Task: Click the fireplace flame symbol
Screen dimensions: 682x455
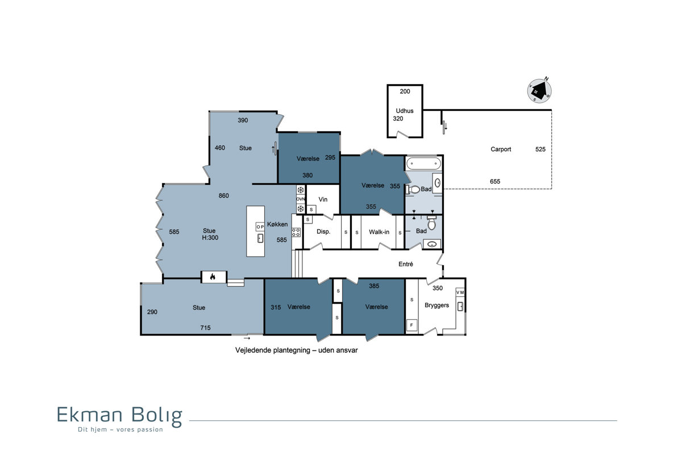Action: (213, 277)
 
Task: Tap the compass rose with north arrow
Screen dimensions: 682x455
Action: (539, 90)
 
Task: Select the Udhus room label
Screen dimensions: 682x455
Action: (404, 111)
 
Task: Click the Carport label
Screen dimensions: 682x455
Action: (501, 150)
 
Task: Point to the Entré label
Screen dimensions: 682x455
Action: (406, 264)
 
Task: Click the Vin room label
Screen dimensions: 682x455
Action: (323, 200)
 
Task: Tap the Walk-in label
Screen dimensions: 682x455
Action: (379, 232)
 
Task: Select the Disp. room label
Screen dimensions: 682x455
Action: (323, 231)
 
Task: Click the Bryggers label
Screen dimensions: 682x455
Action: (436, 305)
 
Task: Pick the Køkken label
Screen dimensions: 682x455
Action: (277, 224)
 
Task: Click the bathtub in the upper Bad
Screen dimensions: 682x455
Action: (423, 164)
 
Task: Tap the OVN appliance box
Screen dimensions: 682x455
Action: (301, 199)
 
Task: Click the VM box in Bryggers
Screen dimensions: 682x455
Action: (460, 292)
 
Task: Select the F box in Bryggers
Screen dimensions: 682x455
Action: (411, 325)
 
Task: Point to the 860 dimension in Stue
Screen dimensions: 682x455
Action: (223, 196)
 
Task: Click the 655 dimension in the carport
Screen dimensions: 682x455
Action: (495, 181)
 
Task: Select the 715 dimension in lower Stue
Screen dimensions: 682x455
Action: (205, 328)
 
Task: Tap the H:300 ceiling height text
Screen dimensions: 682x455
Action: (210, 238)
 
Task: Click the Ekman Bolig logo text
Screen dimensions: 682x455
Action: (120, 416)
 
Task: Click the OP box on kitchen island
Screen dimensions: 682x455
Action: (260, 227)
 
